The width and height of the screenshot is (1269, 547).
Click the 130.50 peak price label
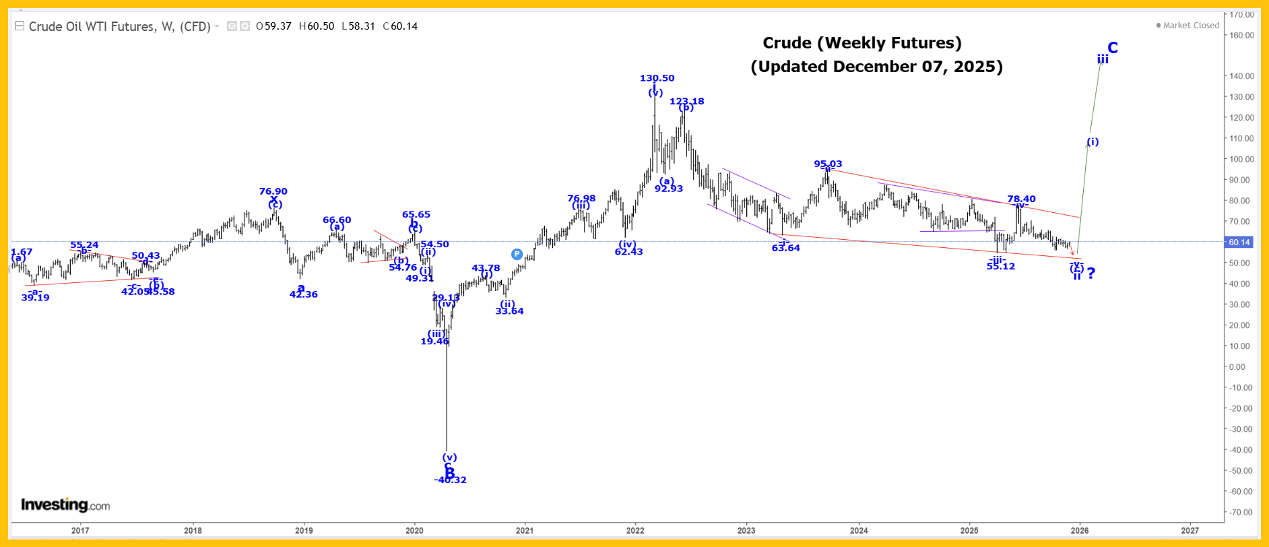coord(657,78)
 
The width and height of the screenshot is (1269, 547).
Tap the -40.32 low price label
coord(450,480)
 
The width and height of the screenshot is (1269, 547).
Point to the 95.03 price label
coord(828,164)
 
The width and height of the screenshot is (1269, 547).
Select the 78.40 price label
coord(1021,199)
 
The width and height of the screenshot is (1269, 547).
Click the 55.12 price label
coord(1000,266)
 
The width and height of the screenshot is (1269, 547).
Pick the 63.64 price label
coord(785,248)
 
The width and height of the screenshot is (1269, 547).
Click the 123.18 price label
coord(686,101)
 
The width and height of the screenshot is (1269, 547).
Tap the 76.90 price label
coord(273,191)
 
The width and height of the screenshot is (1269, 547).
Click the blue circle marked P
coord(517,254)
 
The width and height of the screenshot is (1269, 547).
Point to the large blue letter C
coord(1113,47)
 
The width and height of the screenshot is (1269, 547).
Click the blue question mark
coord(1091,273)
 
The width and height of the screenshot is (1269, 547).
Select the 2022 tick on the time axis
coord(635,530)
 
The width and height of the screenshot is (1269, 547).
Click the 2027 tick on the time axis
coord(1190,530)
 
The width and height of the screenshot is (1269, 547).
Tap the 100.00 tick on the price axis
coord(1241,159)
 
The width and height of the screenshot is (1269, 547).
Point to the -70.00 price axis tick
coord(1241,512)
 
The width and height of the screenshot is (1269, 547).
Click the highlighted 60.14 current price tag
coord(1239,242)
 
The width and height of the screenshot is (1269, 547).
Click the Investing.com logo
coord(65,505)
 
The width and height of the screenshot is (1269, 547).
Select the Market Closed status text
coord(1190,26)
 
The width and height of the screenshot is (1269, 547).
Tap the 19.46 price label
coord(434,342)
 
